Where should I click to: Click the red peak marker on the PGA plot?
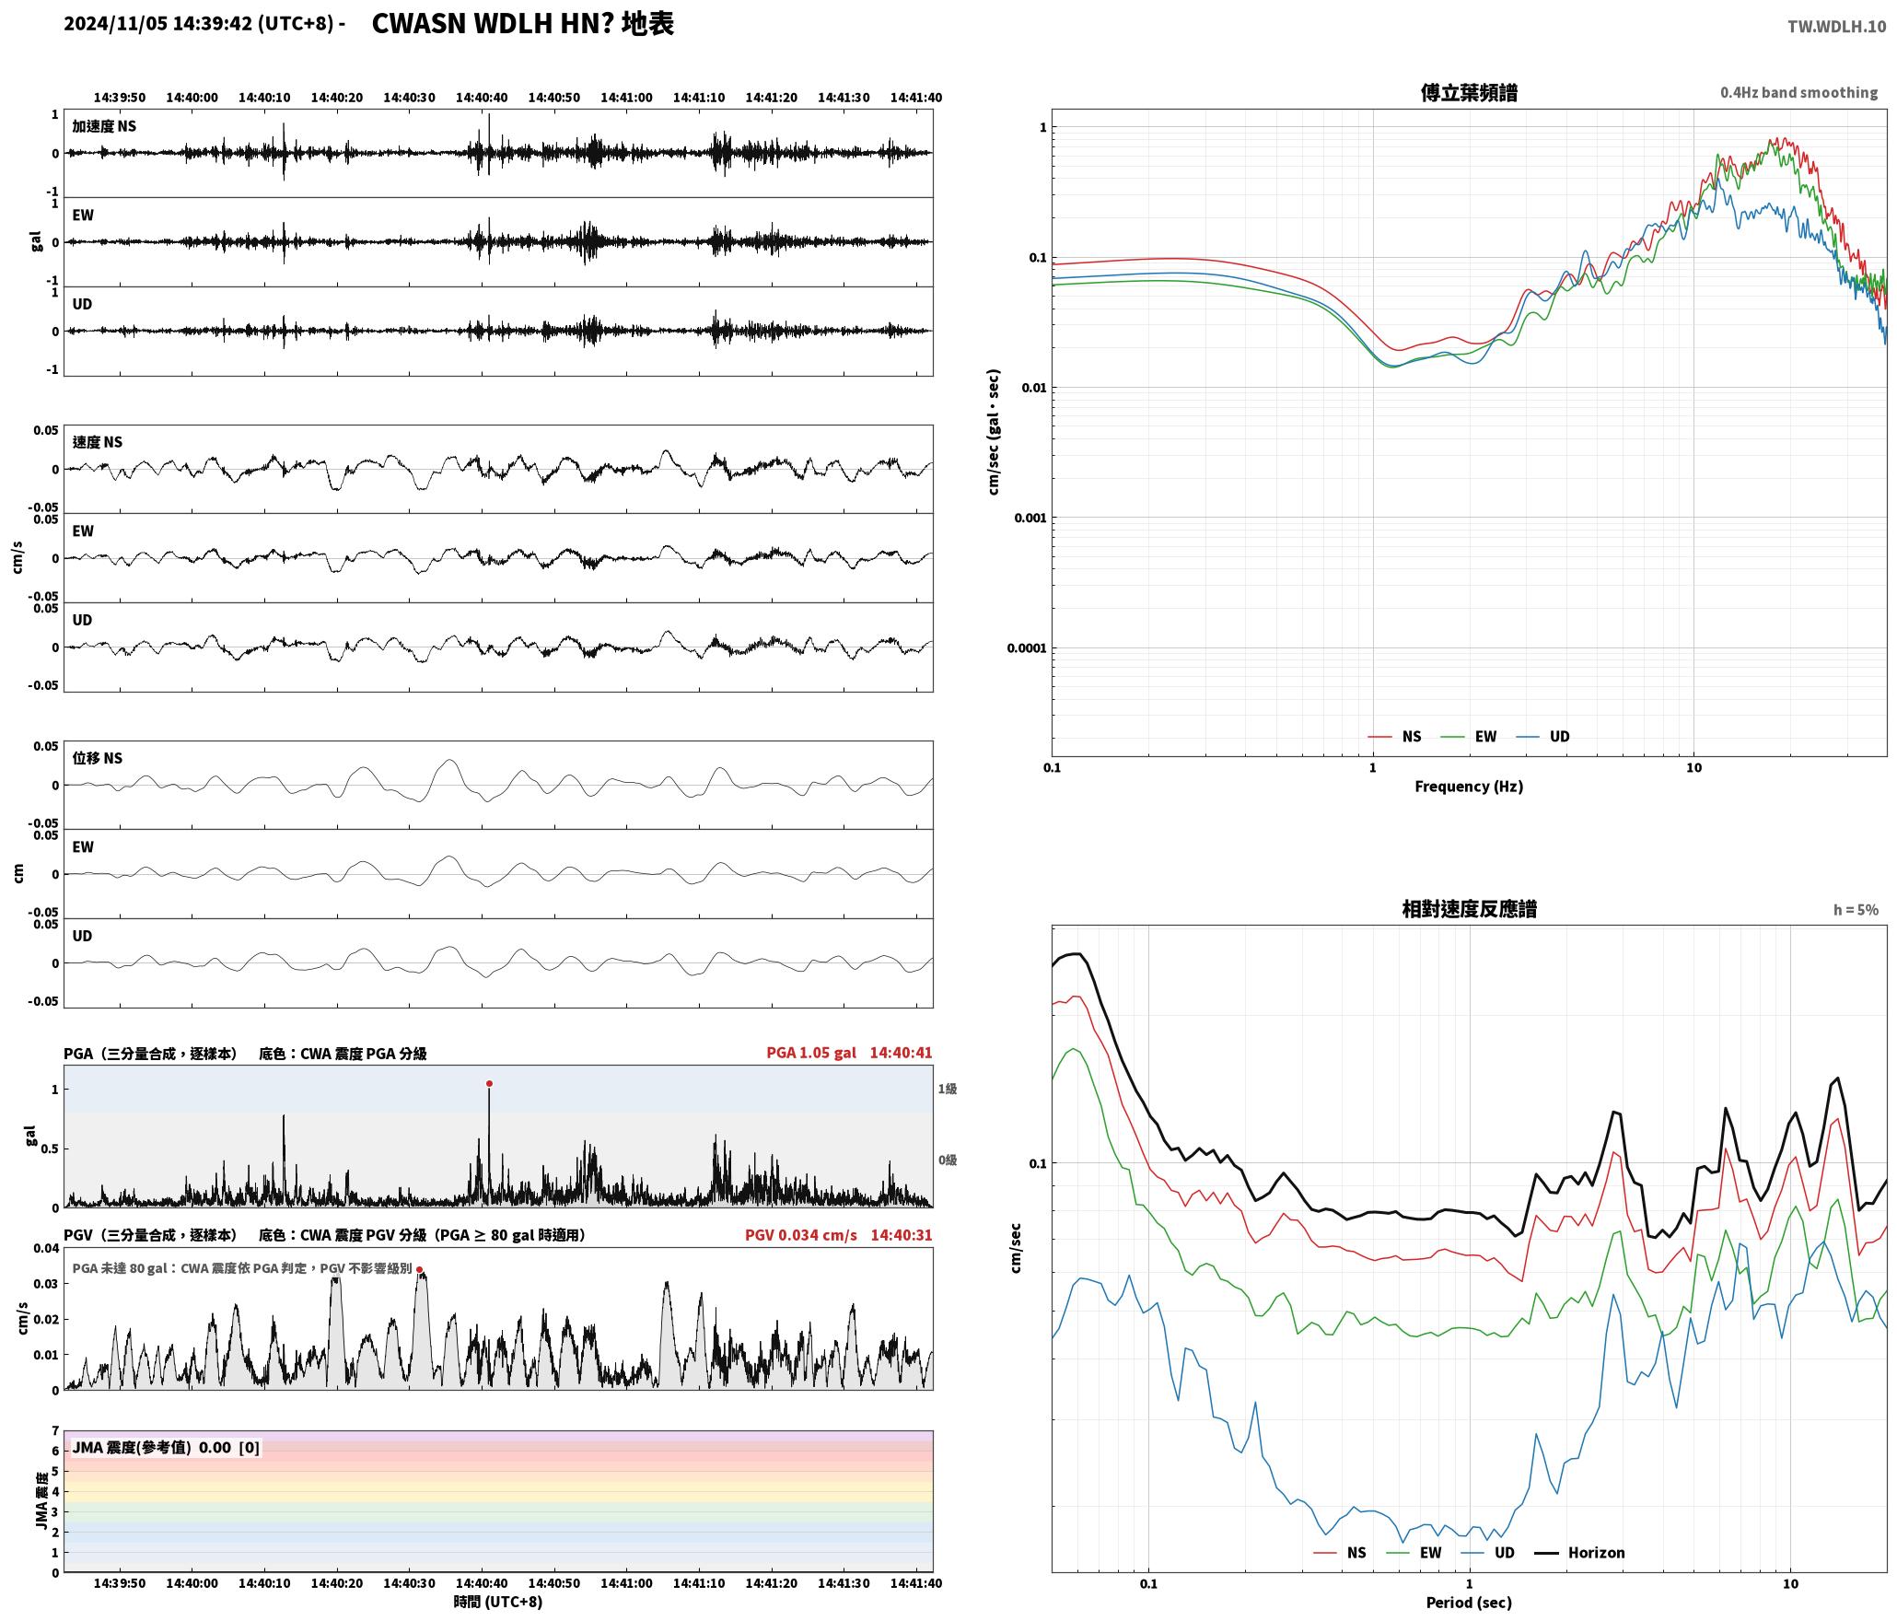[x=489, y=1083]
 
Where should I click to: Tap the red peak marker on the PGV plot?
[x=419, y=1269]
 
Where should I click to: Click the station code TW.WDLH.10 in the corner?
[x=1836, y=27]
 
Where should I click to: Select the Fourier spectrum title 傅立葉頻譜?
[x=1469, y=93]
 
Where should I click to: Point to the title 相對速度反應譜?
[x=1469, y=909]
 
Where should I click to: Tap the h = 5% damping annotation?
[x=1856, y=910]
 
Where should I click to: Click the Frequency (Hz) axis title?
[x=1469, y=787]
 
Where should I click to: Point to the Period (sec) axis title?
[x=1469, y=1603]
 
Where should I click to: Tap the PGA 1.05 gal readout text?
[x=811, y=1053]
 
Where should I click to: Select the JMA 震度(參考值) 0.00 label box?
[x=166, y=1448]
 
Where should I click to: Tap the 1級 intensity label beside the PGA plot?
[x=948, y=1089]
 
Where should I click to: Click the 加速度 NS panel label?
[x=104, y=126]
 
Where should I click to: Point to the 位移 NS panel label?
[x=97, y=758]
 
